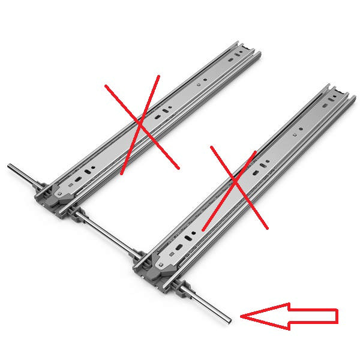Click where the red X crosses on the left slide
coord(139,124)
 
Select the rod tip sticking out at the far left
coord(11,166)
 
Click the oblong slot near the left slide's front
coord(89,170)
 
